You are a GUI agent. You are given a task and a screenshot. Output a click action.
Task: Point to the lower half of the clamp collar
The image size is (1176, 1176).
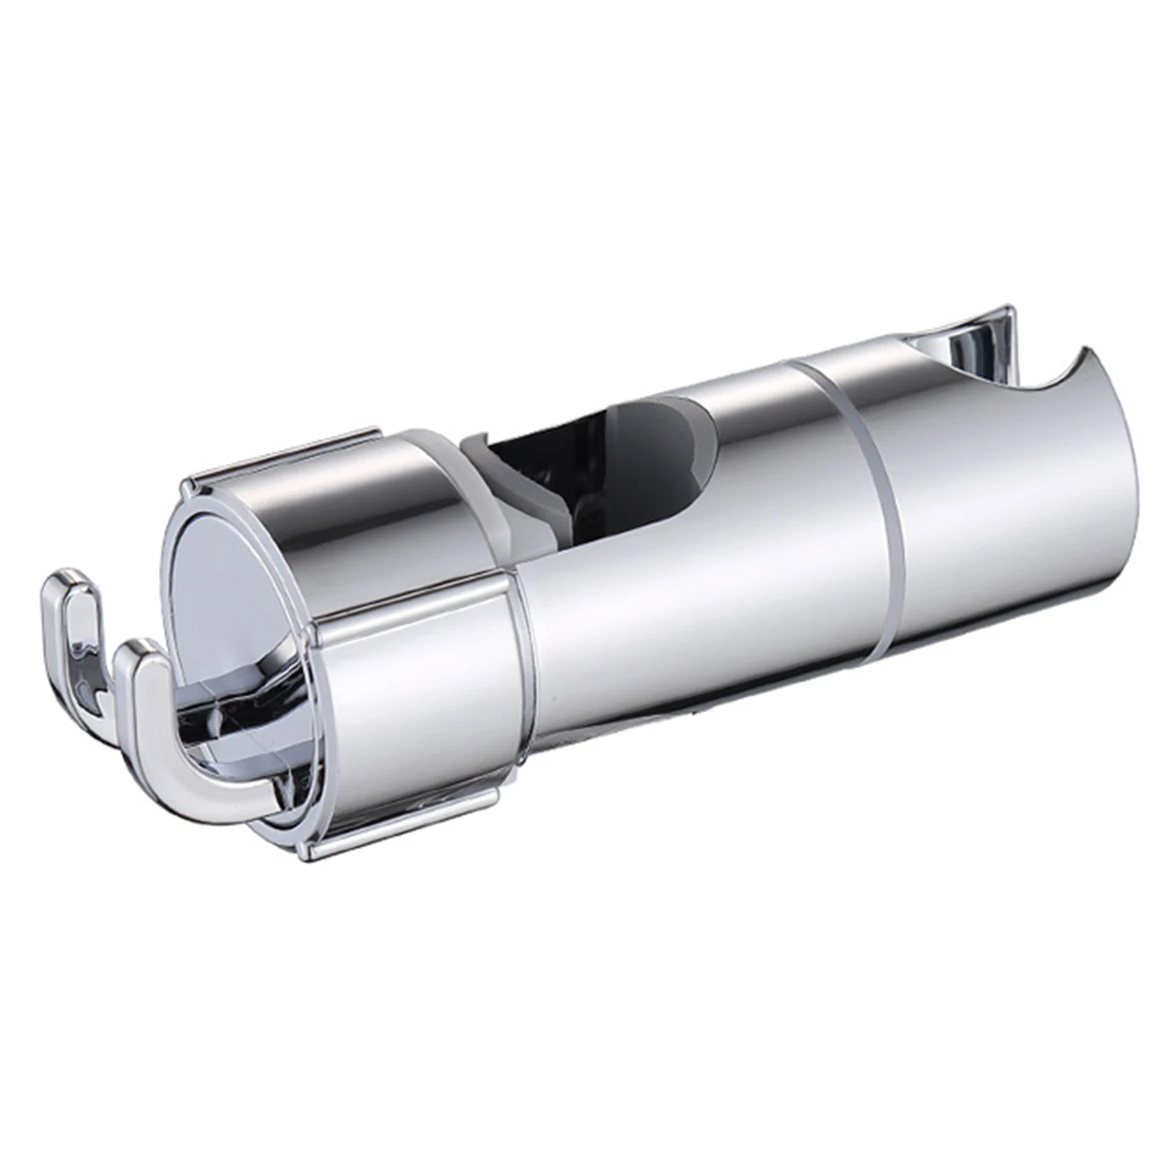412,735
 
